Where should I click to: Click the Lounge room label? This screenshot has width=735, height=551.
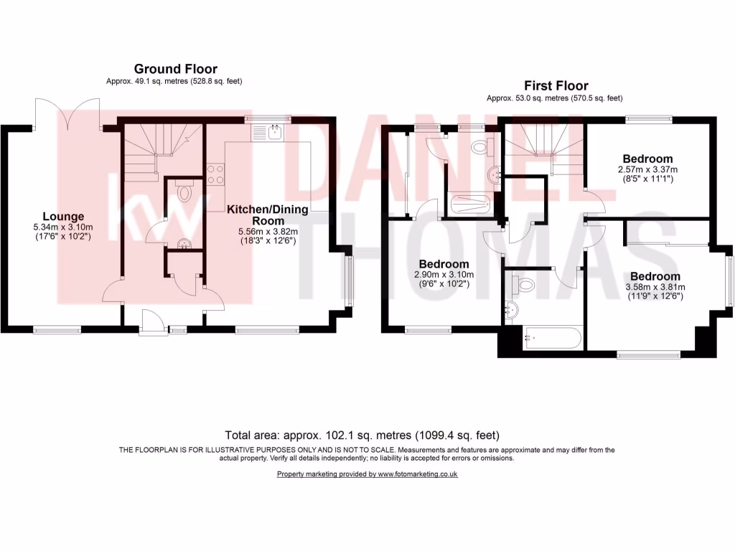63,216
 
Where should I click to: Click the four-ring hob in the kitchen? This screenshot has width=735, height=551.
216,173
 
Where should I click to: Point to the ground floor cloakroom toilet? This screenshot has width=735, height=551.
185,192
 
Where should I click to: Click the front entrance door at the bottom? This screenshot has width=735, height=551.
151,321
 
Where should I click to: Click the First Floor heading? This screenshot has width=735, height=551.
556,85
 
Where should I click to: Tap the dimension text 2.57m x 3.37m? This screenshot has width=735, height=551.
647,169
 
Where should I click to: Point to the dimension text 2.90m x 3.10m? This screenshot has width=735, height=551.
444,275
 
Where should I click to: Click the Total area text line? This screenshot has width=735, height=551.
362,435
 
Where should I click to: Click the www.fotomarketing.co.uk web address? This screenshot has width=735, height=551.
418,474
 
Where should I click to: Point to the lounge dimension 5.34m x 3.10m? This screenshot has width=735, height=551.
63,227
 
